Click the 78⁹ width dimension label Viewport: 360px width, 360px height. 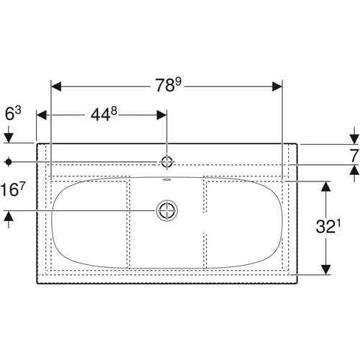168,85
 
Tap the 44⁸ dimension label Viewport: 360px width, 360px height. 104,114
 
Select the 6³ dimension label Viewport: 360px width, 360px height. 13,113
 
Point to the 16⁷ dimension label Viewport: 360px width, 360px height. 13,189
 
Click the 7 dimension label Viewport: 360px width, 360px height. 354,156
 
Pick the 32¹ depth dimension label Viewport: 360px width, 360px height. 328,226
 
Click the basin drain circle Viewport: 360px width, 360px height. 167,210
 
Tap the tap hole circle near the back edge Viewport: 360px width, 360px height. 167,162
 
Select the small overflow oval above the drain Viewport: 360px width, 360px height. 167,179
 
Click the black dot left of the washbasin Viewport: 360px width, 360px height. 9,162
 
